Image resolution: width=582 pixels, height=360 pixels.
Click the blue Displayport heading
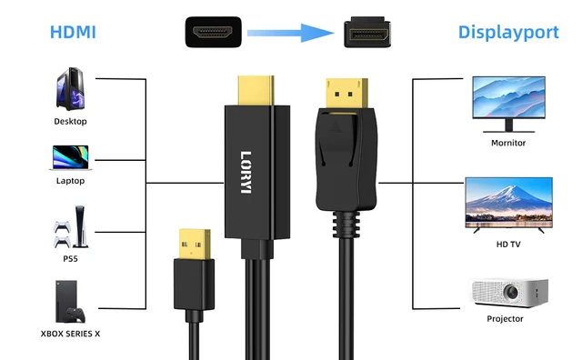click(508, 34)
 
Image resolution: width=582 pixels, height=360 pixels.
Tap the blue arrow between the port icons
click(288, 35)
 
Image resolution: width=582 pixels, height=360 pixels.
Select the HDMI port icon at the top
click(215, 35)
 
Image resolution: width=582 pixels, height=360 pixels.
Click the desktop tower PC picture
click(70, 91)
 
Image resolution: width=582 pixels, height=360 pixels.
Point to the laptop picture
click(70, 156)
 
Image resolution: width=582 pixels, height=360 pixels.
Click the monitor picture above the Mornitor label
click(508, 102)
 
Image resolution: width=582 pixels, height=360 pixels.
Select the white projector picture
click(508, 293)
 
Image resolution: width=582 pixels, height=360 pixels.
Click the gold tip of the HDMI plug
click(256, 89)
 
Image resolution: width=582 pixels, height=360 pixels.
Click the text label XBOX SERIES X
click(70, 334)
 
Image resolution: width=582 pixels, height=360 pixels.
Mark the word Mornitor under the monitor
click(508, 143)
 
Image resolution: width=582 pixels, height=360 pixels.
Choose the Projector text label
click(506, 319)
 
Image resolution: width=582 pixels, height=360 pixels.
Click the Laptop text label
click(70, 181)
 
